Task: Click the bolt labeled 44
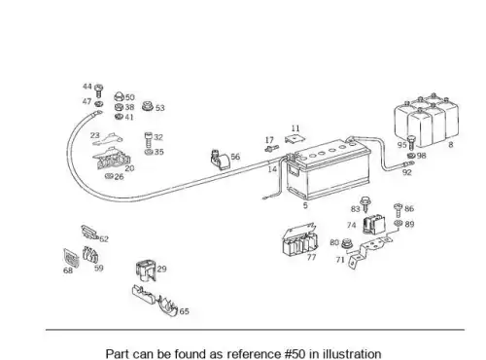tap(98, 90)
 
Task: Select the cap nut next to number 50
tap(119, 96)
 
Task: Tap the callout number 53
tap(160, 108)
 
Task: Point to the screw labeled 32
tap(148, 140)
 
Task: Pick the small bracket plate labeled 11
tap(295, 139)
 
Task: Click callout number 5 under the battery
tap(305, 205)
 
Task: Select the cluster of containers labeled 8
tap(427, 120)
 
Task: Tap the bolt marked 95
tap(411, 142)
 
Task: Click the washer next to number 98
tap(411, 156)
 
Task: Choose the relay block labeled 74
tap(374, 225)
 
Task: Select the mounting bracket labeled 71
tap(369, 250)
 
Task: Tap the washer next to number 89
tap(399, 223)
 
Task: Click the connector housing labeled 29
tap(146, 270)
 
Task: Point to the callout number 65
tap(184, 311)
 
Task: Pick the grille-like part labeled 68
tap(71, 258)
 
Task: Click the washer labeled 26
tap(110, 176)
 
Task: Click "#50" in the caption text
tap(295, 354)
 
